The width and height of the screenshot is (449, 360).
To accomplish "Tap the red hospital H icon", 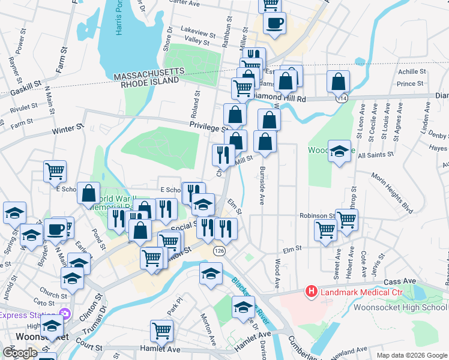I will tap(312, 292).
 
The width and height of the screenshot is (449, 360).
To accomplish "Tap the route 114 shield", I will tap(341, 98).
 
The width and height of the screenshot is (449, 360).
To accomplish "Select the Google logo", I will tap(20, 352).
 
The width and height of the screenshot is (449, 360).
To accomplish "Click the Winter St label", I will tap(67, 129).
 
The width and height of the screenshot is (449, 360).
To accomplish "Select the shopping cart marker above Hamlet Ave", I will tap(162, 329).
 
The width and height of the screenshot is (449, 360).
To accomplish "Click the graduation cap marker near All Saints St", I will tap(340, 152).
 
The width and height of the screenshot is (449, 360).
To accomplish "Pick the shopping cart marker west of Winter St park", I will tap(55, 171).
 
